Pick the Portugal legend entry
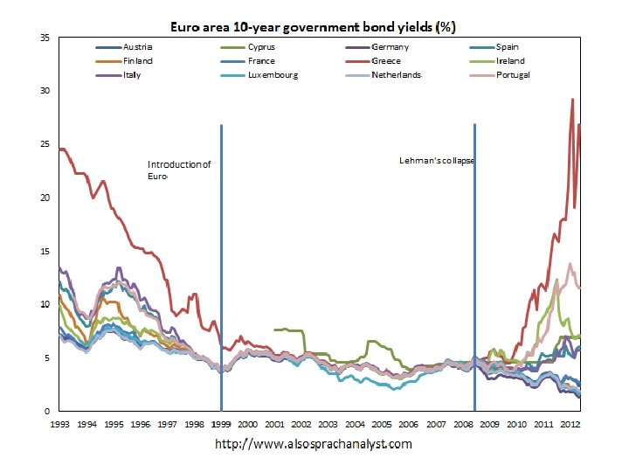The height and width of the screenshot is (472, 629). point(513,75)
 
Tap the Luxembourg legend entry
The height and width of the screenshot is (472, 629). point(273,75)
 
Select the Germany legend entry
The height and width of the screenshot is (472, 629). point(390,46)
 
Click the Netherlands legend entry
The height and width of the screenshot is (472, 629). point(396,75)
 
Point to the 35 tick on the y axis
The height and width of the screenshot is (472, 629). point(44,38)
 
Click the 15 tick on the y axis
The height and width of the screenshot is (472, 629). point(44,252)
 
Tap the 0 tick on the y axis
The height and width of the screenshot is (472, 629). point(46,411)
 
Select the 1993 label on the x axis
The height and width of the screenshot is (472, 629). point(59,424)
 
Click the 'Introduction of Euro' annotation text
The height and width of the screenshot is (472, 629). point(178,170)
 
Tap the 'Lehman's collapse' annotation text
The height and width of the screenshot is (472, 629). point(436,161)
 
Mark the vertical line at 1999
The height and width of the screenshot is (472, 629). point(221,262)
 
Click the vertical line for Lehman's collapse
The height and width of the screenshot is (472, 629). point(474,262)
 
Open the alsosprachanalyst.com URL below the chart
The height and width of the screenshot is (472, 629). point(314,444)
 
